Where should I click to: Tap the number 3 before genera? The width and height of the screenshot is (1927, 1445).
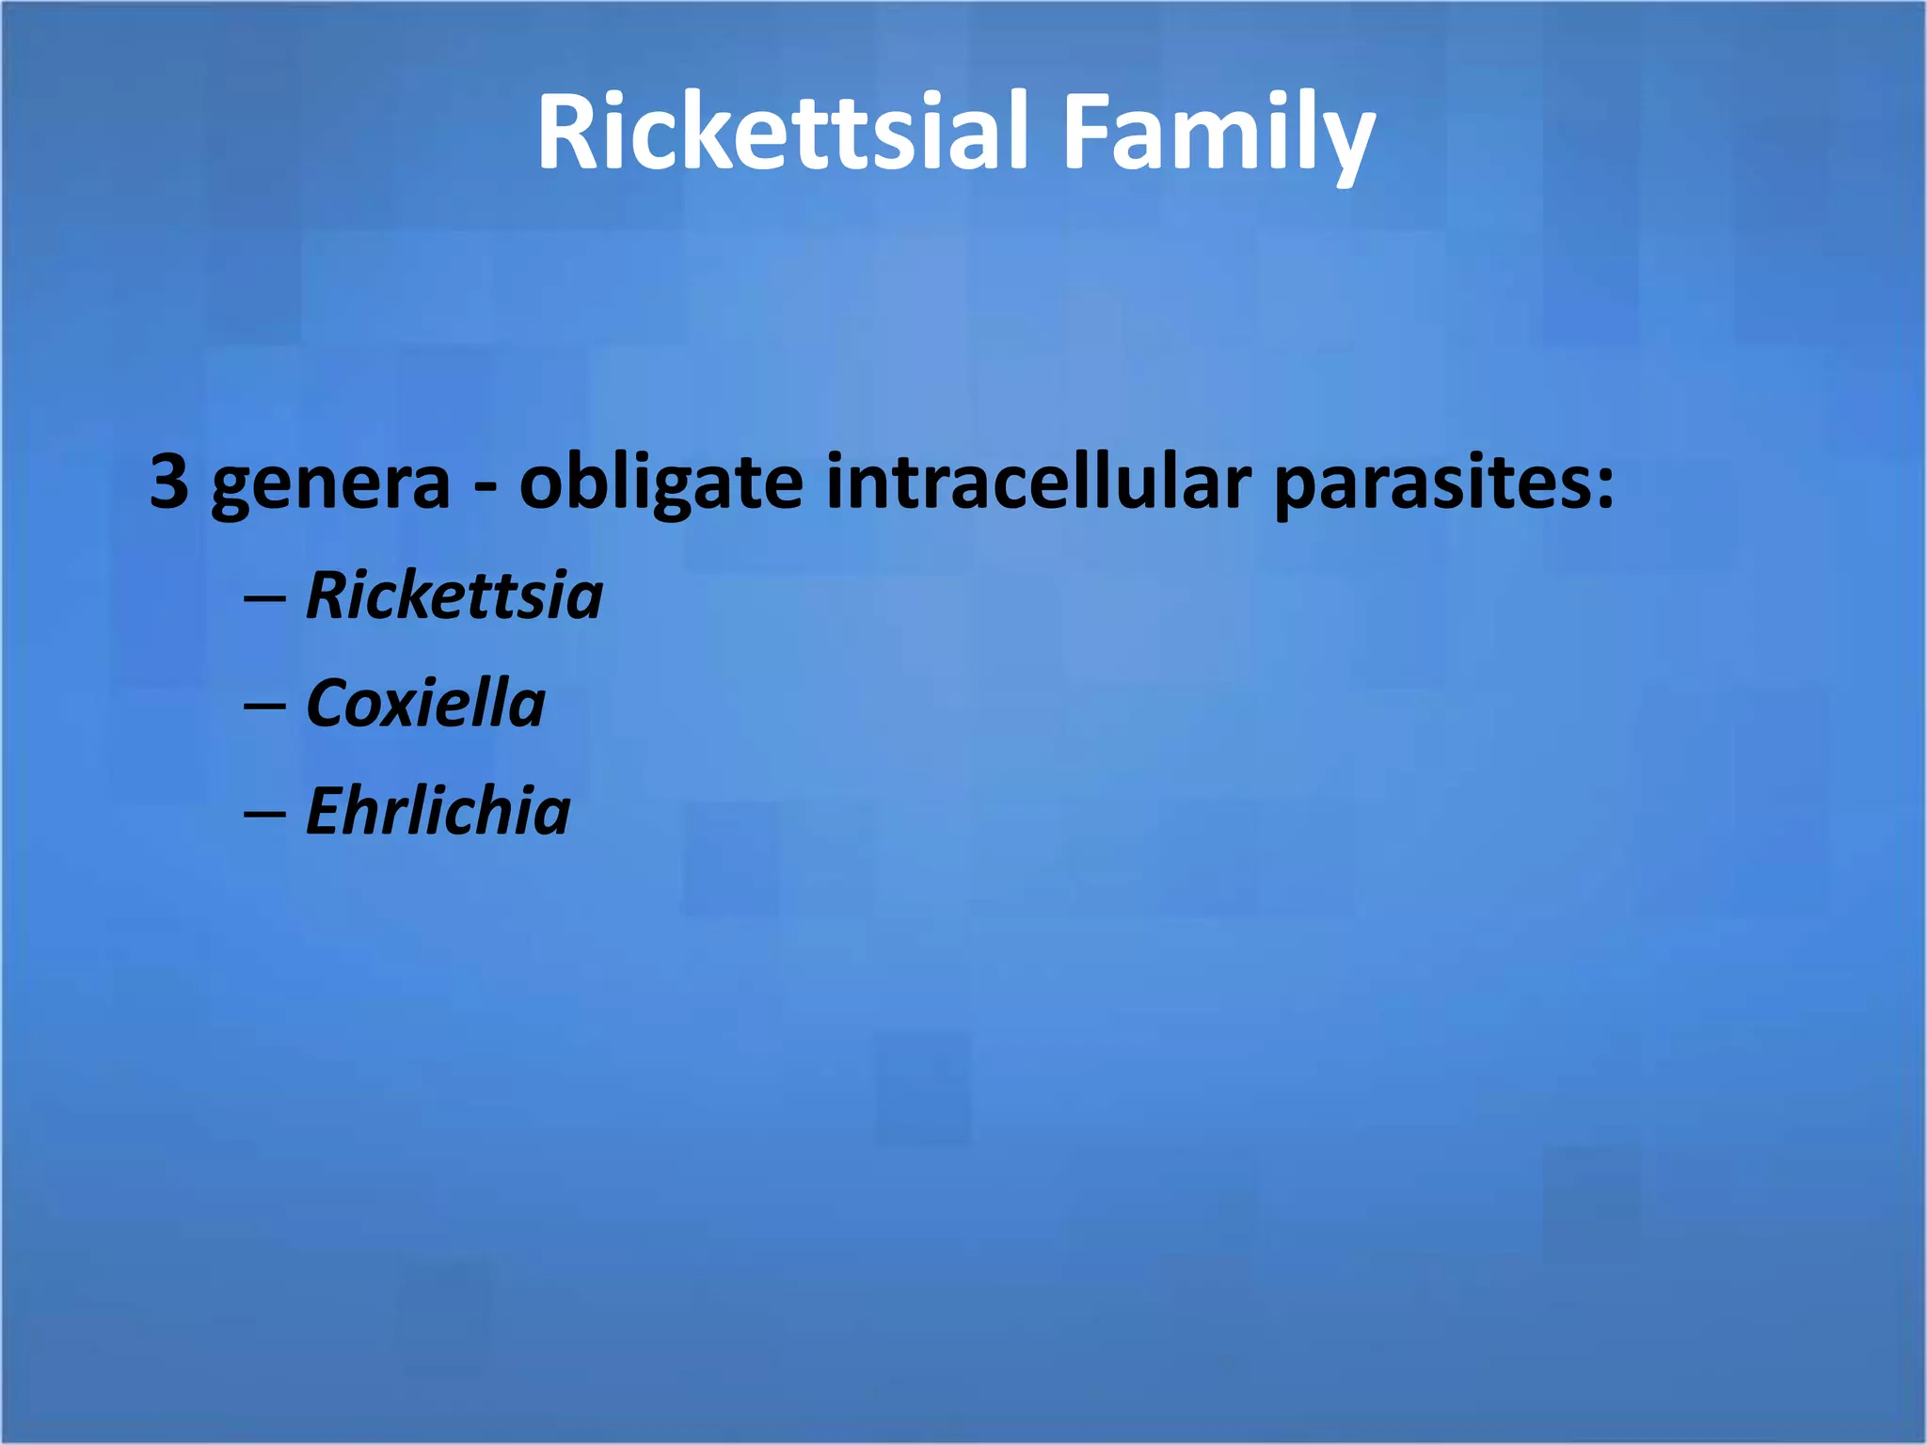(169, 482)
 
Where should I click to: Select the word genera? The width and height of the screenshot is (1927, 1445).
(331, 484)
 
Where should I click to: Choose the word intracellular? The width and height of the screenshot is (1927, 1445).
(1038, 482)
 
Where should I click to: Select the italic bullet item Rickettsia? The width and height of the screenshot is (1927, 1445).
(454, 595)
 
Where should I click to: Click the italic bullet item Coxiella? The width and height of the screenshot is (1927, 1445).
(425, 704)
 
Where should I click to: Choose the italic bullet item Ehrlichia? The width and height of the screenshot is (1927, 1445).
(438, 811)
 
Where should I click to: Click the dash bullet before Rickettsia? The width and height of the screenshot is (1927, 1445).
(264, 599)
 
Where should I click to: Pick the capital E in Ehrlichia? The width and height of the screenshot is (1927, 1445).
(327, 811)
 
